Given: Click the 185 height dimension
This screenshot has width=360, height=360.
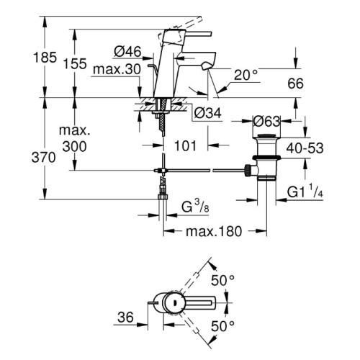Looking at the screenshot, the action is [45, 58].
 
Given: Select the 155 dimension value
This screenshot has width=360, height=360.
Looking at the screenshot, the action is [75, 64].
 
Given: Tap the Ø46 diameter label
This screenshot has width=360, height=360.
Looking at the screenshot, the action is [127, 51].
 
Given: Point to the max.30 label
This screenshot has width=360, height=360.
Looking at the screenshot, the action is [117, 69].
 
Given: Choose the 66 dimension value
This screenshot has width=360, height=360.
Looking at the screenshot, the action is [295, 84].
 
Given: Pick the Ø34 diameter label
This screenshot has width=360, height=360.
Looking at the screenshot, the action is [207, 113].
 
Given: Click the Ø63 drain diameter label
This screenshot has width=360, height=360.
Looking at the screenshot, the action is [266, 122].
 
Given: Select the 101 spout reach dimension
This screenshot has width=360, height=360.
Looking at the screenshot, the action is [185, 145].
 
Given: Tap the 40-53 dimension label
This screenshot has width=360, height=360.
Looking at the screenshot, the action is [305, 148].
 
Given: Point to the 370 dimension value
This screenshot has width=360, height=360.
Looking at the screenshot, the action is [43, 158].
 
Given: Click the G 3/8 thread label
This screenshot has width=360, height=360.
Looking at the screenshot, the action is [195, 206].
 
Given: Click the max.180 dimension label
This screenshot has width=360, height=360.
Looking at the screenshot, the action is [214, 231].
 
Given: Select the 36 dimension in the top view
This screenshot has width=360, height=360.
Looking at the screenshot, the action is [125, 318].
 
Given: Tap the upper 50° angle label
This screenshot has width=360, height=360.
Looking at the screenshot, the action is [222, 280].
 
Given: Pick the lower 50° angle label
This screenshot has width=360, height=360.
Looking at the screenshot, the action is [222, 326].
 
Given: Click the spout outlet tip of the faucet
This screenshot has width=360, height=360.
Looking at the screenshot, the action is [206, 66].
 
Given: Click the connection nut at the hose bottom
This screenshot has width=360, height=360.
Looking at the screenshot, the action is [163, 197].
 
